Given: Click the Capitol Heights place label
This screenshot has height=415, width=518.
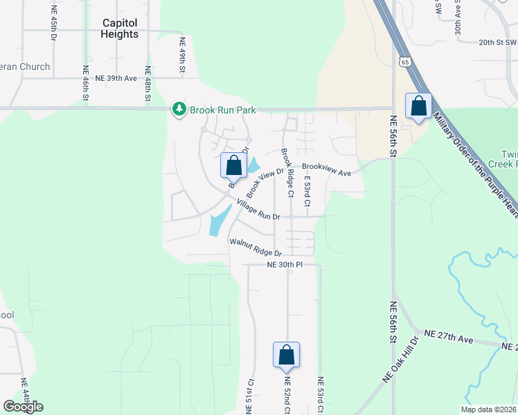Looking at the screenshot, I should tap(120, 28).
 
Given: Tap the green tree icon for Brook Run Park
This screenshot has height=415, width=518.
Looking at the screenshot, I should tap(179, 109).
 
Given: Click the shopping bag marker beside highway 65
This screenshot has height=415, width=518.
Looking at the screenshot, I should tap(418, 107).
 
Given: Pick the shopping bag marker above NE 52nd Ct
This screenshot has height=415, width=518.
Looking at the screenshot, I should tap(286, 356).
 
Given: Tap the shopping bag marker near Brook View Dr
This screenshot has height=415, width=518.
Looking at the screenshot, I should tap(234, 166).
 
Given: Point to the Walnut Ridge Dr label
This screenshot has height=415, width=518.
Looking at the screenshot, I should tap(256, 248).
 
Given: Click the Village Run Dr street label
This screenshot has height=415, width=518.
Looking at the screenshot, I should tap(258, 210).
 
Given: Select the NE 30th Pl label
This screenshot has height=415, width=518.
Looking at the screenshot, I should tap(286, 265).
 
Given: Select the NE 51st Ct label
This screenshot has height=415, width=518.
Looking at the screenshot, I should tap(251, 396).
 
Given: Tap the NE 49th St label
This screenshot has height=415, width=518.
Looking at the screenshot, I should tap(183, 55).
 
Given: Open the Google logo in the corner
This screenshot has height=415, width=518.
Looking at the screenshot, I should tap(23, 407).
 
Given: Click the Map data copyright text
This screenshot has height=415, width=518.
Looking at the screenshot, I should tap(488, 409).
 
